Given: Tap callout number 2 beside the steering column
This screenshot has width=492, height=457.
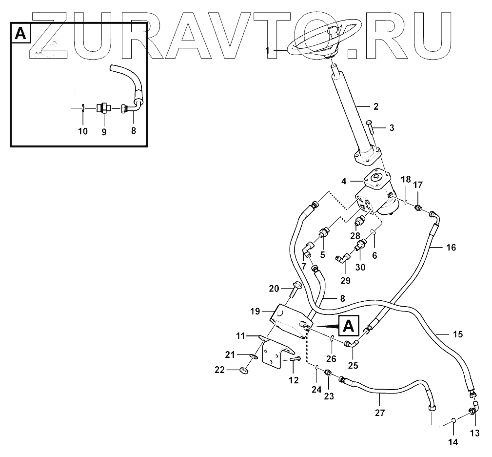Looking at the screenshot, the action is pyautogui.click(x=375, y=105).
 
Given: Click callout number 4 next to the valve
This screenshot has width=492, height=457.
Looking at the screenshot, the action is pyautogui.click(x=344, y=181).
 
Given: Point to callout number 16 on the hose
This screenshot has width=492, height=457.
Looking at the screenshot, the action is pyautogui.click(x=451, y=248).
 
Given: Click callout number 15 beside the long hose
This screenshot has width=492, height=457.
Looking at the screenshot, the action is pyautogui.click(x=457, y=334).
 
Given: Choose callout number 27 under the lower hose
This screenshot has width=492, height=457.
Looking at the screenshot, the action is pyautogui.click(x=380, y=413).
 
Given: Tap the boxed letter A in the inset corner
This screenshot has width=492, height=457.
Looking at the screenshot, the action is pyautogui.click(x=20, y=33).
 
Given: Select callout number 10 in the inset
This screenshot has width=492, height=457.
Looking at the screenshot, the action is pyautogui.click(x=83, y=131).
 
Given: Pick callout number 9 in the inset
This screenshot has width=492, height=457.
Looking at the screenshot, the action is pyautogui.click(x=104, y=131).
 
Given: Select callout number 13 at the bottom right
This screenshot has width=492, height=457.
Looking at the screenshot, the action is pyautogui.click(x=474, y=432).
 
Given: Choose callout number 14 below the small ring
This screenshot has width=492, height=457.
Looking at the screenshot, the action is pyautogui.click(x=453, y=442).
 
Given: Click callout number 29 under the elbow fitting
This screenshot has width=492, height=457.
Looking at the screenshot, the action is pyautogui.click(x=345, y=280).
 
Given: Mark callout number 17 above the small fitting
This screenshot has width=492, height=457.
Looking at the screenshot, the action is pyautogui.click(x=418, y=185).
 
